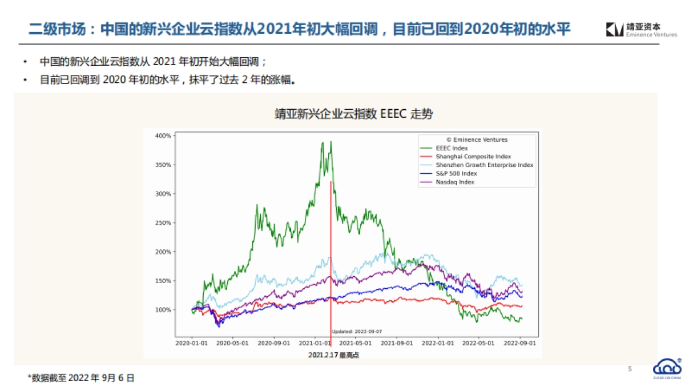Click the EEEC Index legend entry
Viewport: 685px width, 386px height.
[452, 148]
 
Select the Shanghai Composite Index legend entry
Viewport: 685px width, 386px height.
[473, 157]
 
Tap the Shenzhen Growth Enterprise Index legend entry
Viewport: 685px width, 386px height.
[484, 165]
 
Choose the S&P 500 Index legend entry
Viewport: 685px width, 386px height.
[456, 173]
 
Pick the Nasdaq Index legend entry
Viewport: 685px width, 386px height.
[455, 182]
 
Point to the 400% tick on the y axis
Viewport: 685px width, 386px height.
[163, 136]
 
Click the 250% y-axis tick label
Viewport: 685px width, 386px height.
[163, 223]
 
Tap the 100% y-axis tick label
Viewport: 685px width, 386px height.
[163, 310]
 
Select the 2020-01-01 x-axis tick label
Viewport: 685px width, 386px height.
[192, 344]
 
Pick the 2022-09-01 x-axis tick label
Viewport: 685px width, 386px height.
[519, 344]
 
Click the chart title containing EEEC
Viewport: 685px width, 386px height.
[354, 114]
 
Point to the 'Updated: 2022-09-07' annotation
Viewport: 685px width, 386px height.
[357, 331]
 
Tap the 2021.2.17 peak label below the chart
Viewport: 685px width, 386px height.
[333, 355]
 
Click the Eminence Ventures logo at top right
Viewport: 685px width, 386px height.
[641, 30]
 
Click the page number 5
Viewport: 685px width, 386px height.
[630, 369]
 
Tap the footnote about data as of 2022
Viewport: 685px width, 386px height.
[81, 377]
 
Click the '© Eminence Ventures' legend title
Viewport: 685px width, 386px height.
[477, 140]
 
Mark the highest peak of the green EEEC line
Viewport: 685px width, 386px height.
[323, 142]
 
